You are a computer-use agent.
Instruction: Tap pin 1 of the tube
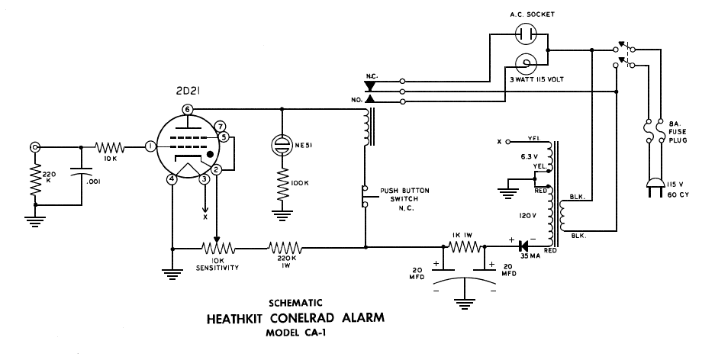[x=150, y=145]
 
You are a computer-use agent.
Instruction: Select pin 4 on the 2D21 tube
[x=172, y=179]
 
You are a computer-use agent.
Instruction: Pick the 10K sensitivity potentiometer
[x=218, y=248]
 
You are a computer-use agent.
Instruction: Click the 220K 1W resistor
[x=285, y=248]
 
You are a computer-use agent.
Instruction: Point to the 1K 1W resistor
[x=463, y=247]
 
